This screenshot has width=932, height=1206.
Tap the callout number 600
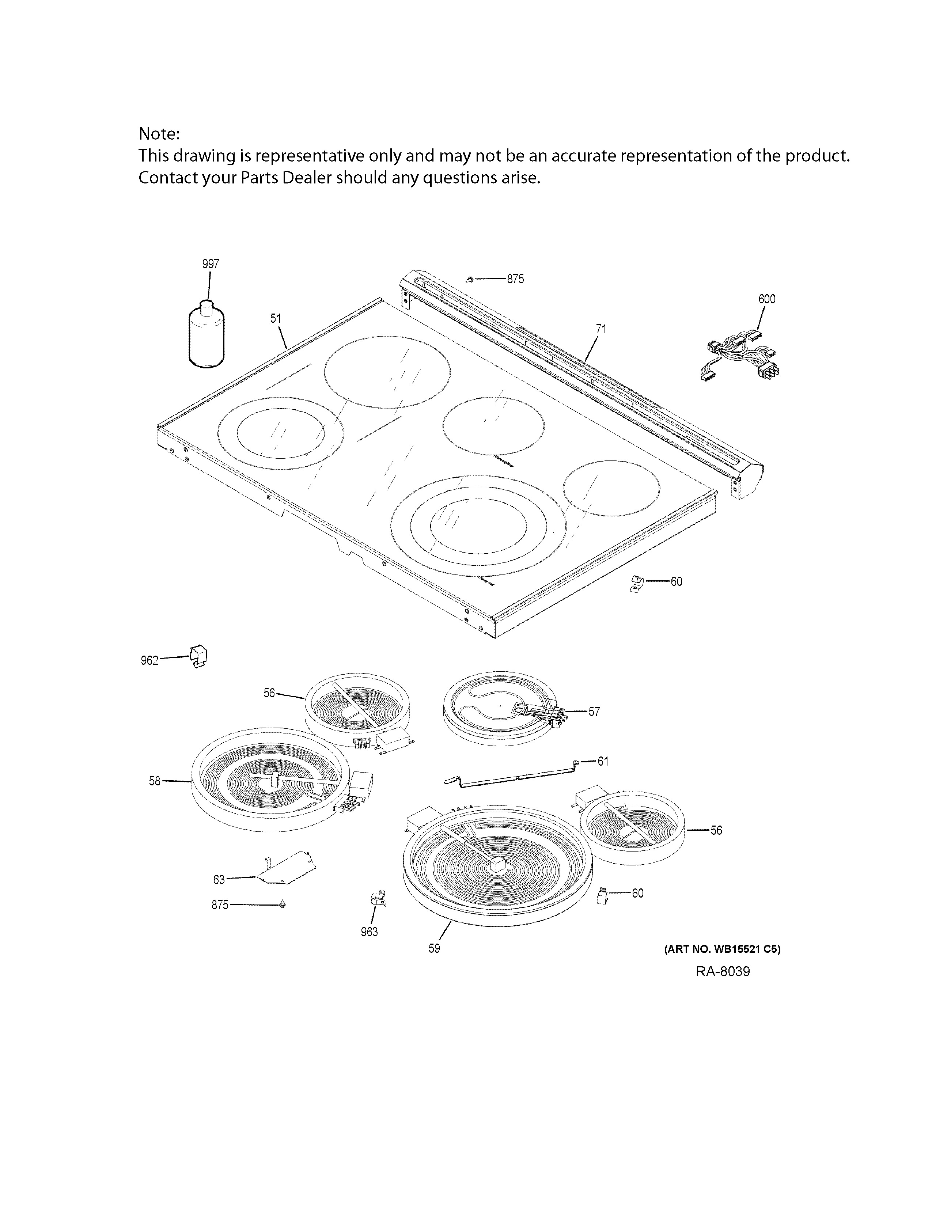tap(766, 299)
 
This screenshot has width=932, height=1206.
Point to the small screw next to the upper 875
tap(470, 280)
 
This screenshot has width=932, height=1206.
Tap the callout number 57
tap(594, 711)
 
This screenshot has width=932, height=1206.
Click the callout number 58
tap(155, 781)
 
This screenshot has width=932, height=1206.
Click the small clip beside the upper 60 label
tap(637, 583)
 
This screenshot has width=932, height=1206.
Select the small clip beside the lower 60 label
tap(603, 895)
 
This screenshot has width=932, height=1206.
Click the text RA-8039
tap(722, 971)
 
